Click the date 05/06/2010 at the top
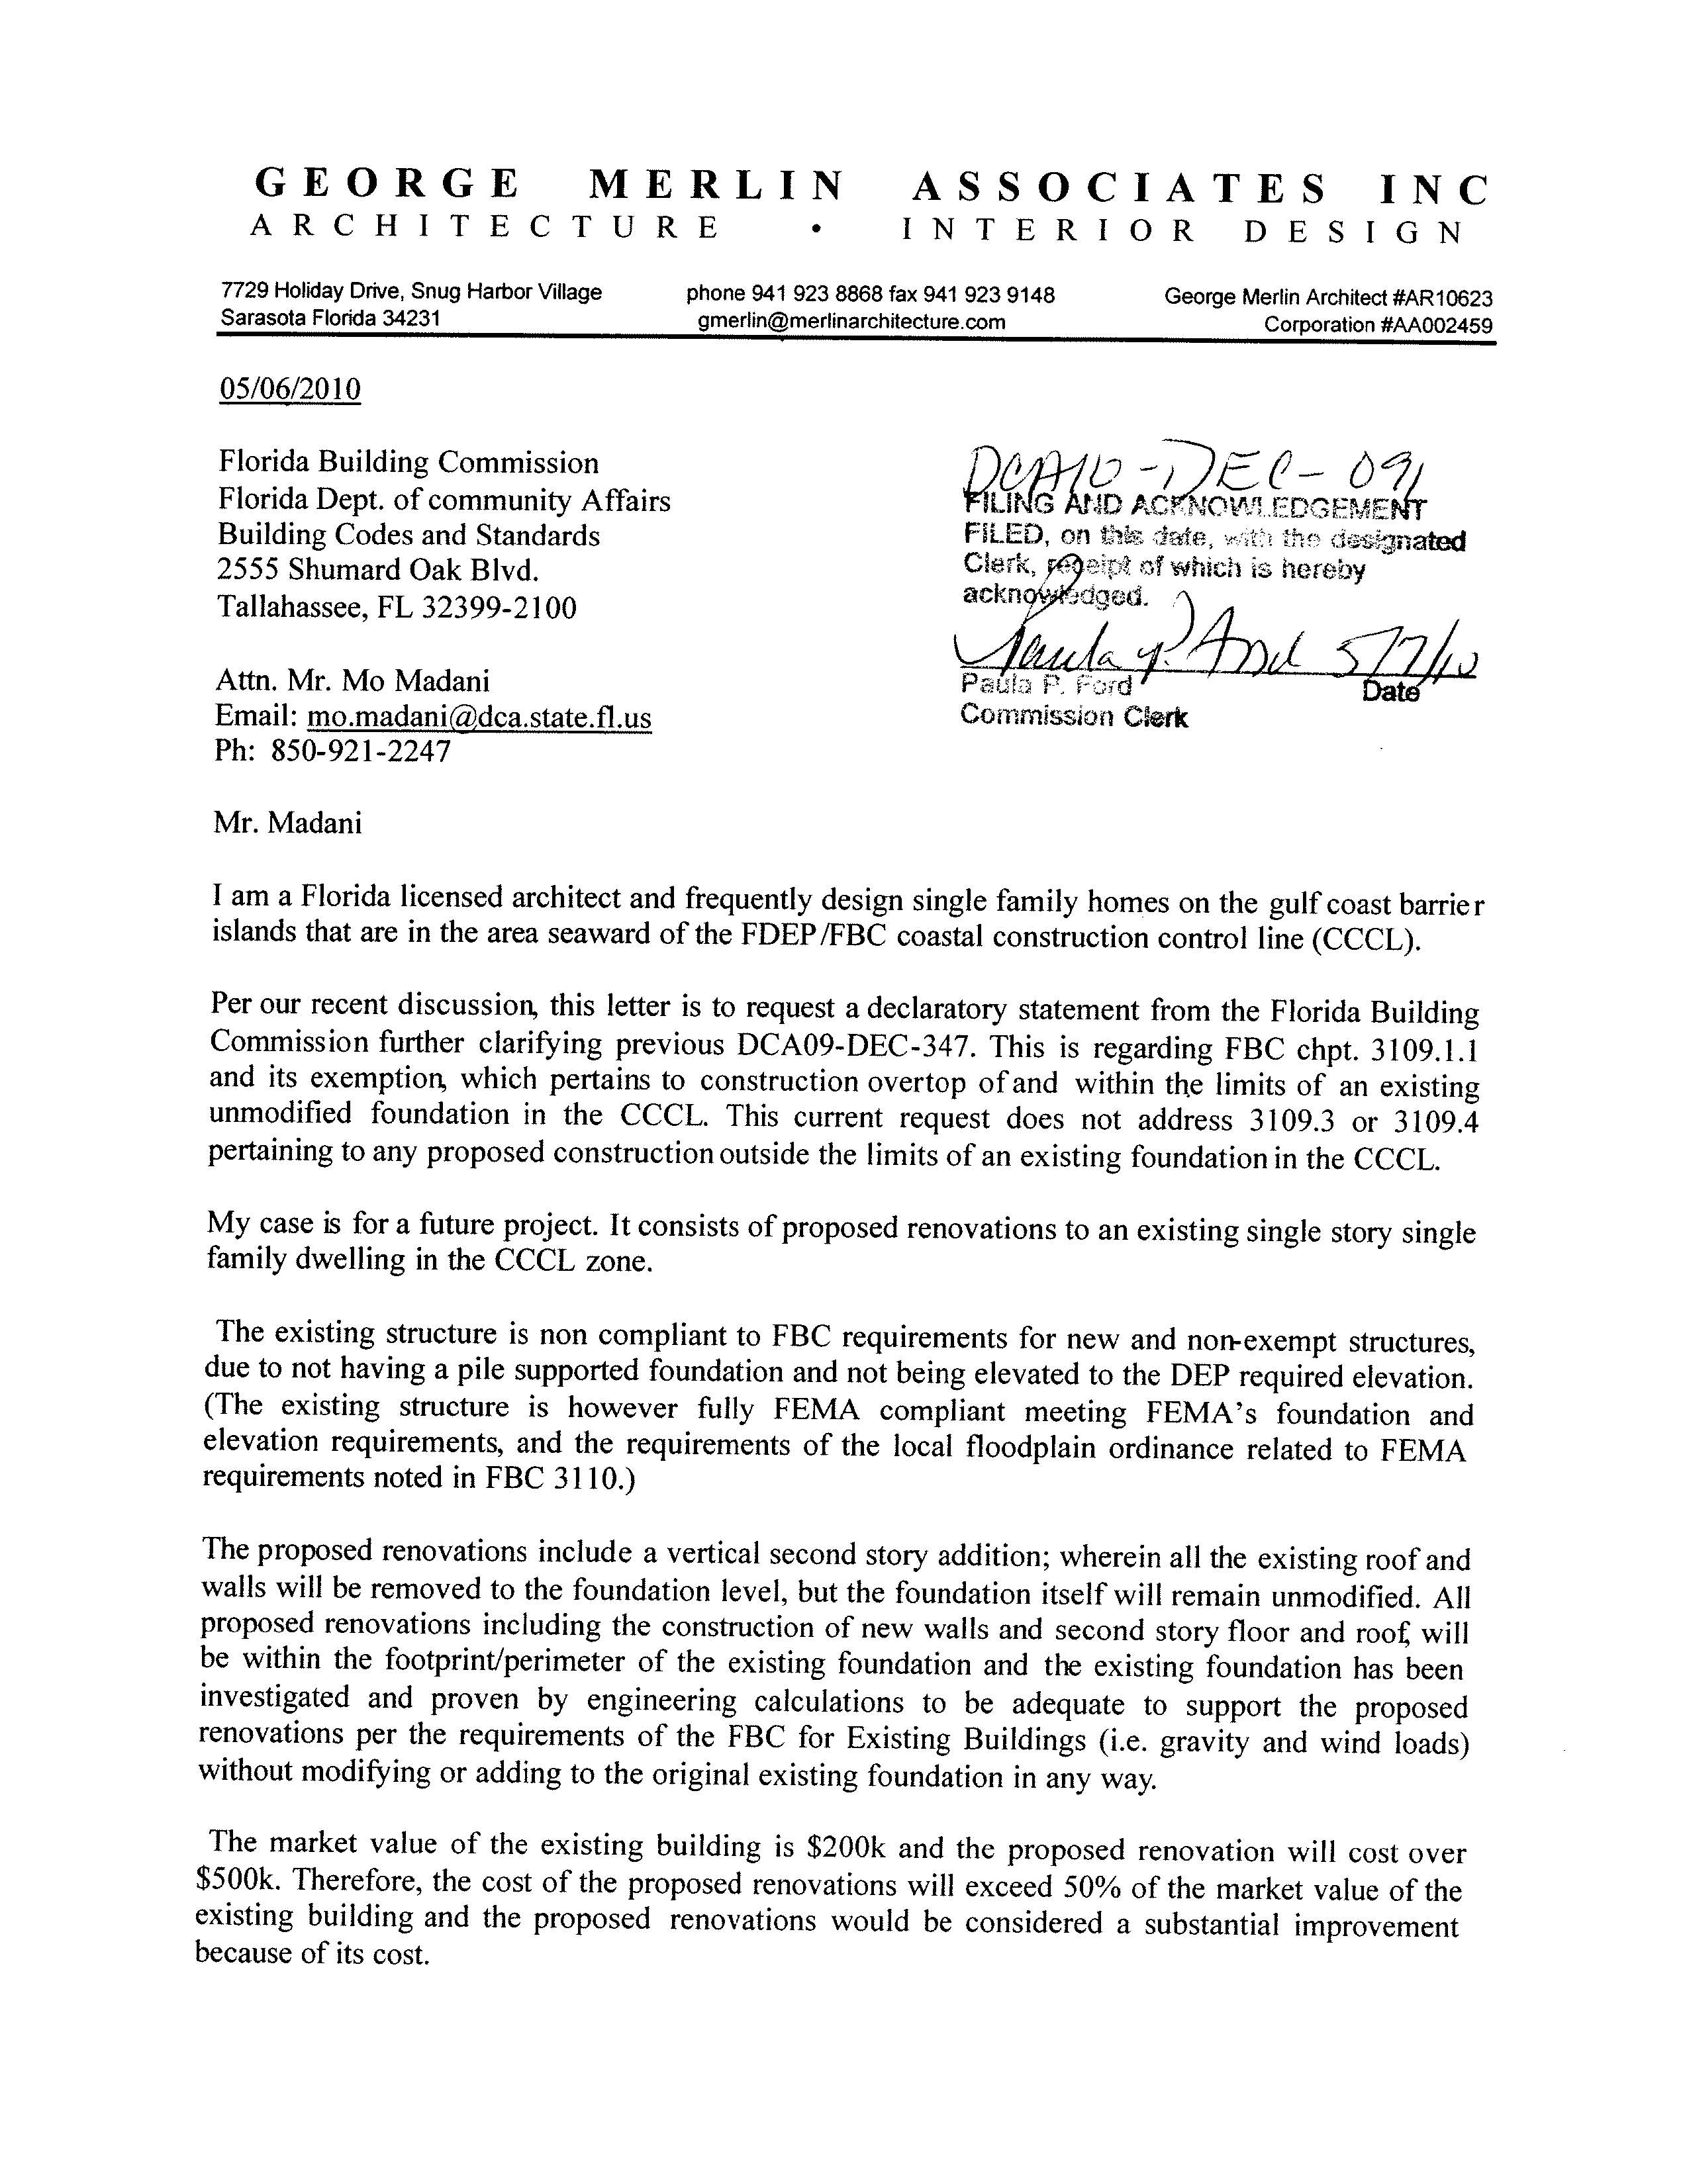pos(290,389)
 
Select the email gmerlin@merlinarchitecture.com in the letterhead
pos(851,322)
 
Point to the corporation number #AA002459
pos(1434,324)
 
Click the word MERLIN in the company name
pos(716,186)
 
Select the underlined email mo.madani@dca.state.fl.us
pos(479,718)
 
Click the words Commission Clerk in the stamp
pos(1073,716)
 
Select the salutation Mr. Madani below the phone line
pos(288,823)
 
